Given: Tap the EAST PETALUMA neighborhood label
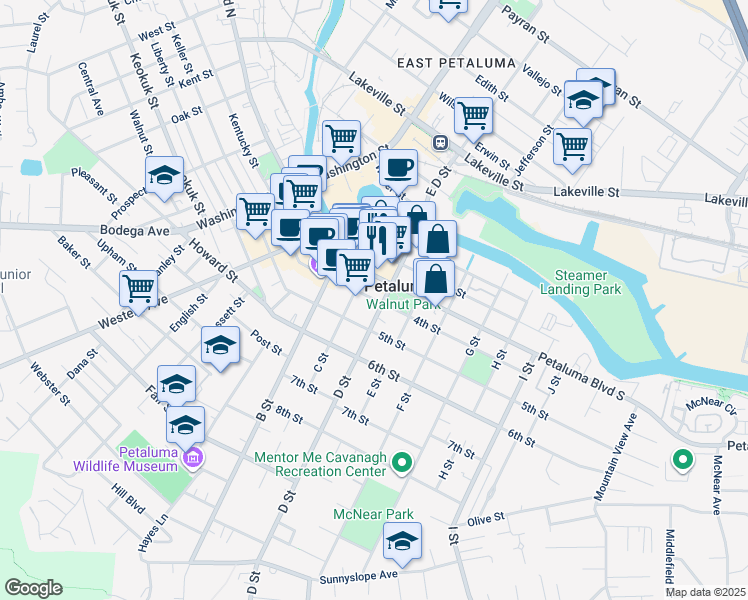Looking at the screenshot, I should coord(456,63).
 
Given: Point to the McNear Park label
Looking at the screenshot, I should coord(373,514).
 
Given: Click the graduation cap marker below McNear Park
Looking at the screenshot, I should coord(402,541).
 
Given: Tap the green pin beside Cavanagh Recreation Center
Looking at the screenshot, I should coord(402,462).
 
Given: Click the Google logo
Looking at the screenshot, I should coord(33,588).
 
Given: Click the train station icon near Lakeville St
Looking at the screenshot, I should coord(439,143).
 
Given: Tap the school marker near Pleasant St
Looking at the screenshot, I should coord(164,174).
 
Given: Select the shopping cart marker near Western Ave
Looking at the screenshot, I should coord(138,288).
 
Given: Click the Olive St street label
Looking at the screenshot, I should coord(485,520).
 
